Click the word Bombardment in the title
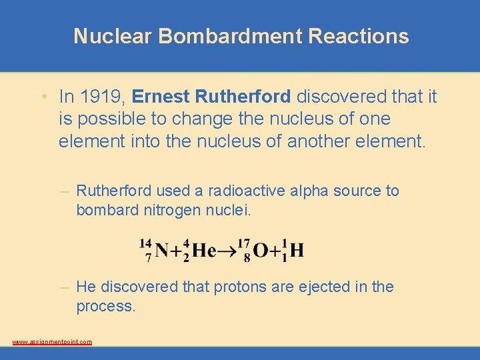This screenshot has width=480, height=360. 231,36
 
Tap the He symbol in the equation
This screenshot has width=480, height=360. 203,251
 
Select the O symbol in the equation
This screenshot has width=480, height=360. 261,251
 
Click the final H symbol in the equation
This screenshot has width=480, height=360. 297,251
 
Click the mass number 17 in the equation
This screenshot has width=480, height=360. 243,243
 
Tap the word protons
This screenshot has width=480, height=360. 238,287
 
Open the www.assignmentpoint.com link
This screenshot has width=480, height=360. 52,341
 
